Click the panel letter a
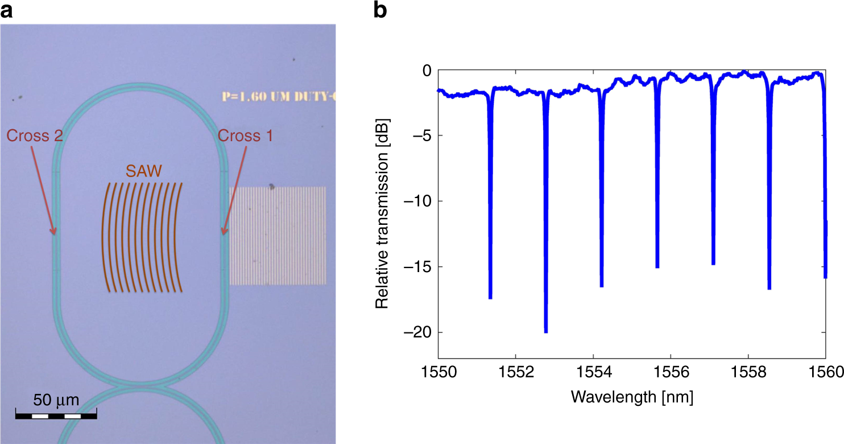tap(6, 10)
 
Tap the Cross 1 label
tap(245, 135)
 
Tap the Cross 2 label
tap(34, 135)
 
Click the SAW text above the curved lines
tap(143, 171)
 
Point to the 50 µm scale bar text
tap(56, 400)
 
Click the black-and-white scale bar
tap(56, 416)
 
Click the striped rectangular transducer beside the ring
tap(278, 236)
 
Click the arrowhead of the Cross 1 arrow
tap(224, 233)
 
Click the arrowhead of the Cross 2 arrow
tap(55, 233)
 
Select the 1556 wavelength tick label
tap(671, 373)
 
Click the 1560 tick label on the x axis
tap(825, 373)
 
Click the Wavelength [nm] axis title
tap(632, 397)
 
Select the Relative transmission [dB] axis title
tap(382, 201)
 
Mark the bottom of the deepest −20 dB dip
tap(545, 331)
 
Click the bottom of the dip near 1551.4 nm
tap(490, 297)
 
